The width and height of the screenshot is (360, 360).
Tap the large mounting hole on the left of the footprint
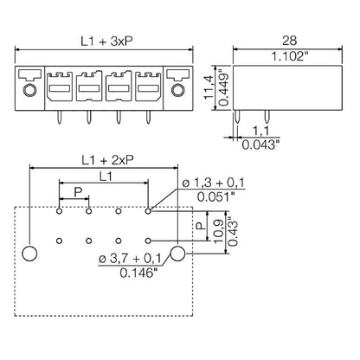29,254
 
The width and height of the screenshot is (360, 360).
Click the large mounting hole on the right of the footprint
178,254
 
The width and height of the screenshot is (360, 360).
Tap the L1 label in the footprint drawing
104,176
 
